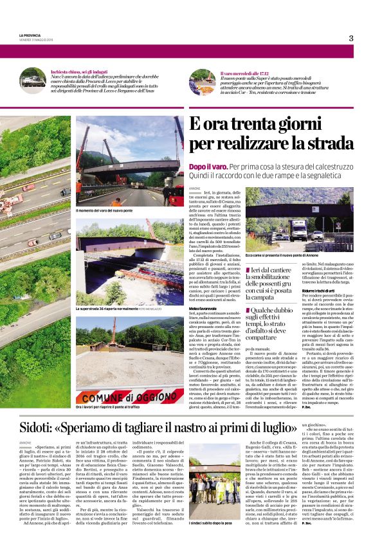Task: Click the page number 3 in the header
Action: pos(351,38)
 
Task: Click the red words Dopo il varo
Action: pos(208,166)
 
